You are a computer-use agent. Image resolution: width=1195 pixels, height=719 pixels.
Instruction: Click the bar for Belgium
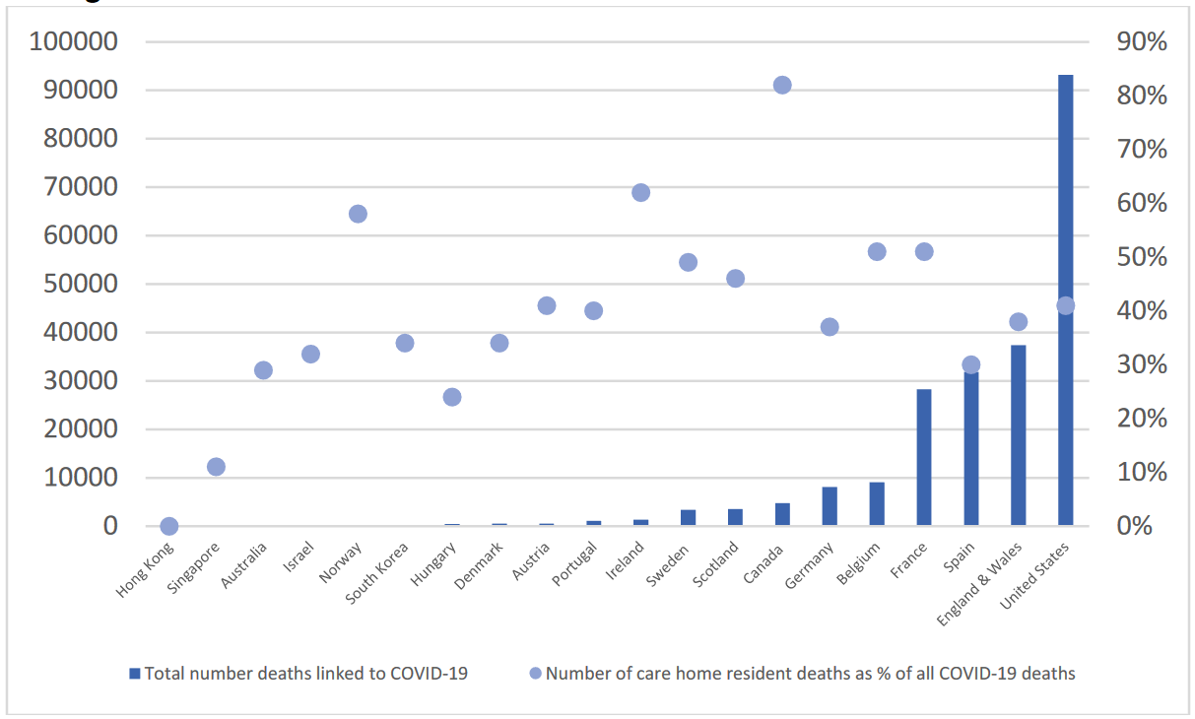(x=877, y=503)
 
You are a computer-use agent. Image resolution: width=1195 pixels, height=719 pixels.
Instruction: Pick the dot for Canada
(x=782, y=85)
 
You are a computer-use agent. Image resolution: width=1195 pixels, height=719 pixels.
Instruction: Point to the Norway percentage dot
(x=358, y=214)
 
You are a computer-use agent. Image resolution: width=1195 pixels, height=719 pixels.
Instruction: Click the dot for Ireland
(x=640, y=193)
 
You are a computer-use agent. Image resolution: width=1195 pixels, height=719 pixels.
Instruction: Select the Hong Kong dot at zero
(x=168, y=526)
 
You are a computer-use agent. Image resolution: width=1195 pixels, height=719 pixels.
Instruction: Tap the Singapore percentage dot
(x=216, y=467)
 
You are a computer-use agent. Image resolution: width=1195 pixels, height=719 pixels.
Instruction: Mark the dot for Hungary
(x=452, y=397)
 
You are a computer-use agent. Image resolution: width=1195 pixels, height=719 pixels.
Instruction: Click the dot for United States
(x=1065, y=306)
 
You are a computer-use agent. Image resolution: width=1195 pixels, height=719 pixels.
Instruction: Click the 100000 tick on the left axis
(x=74, y=41)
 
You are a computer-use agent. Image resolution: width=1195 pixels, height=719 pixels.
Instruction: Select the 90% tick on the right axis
(x=1142, y=41)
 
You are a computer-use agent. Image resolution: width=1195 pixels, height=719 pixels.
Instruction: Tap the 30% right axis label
(x=1142, y=364)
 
